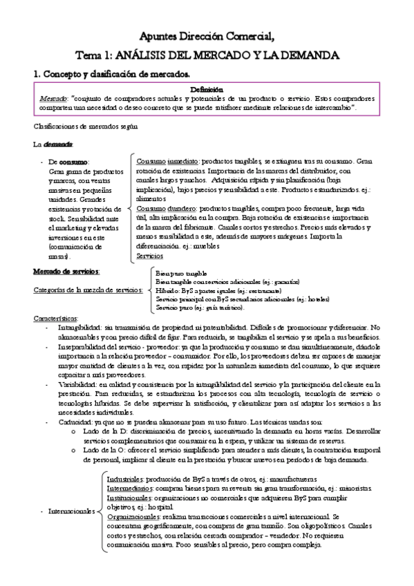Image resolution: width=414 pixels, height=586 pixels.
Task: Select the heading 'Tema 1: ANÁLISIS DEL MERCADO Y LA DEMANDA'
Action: [x=207, y=55]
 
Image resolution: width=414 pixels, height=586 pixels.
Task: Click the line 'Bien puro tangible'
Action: [x=181, y=274]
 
